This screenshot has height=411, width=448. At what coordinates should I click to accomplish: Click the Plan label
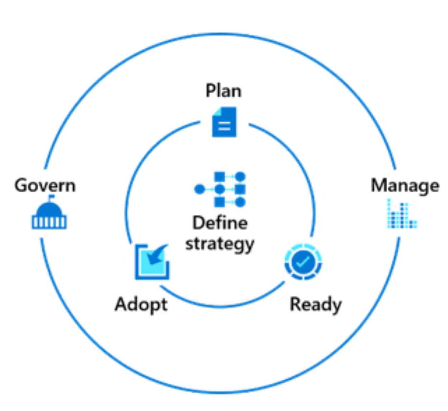click(x=223, y=91)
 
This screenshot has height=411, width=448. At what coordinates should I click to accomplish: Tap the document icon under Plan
click(x=224, y=122)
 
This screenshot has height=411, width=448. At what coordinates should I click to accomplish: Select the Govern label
click(x=45, y=185)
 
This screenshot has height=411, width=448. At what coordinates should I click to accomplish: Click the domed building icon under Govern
click(x=49, y=214)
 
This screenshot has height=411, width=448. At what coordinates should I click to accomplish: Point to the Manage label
click(x=405, y=186)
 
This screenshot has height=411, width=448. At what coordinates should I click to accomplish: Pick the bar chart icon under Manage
click(x=402, y=214)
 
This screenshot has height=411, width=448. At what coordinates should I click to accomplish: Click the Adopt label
click(x=141, y=304)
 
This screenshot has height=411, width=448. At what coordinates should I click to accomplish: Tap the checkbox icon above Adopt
click(x=152, y=262)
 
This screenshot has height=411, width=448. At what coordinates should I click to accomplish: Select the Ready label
click(x=316, y=304)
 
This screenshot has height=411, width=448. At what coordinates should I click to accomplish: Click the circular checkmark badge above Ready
click(x=303, y=262)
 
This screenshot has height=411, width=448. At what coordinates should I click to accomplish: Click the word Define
click(x=220, y=223)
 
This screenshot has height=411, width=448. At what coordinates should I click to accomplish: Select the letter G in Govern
click(x=21, y=185)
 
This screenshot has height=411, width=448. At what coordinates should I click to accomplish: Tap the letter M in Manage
click(x=379, y=185)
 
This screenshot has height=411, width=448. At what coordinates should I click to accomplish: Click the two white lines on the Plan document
click(x=224, y=126)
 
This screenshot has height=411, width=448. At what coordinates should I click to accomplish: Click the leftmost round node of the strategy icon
click(x=199, y=189)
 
